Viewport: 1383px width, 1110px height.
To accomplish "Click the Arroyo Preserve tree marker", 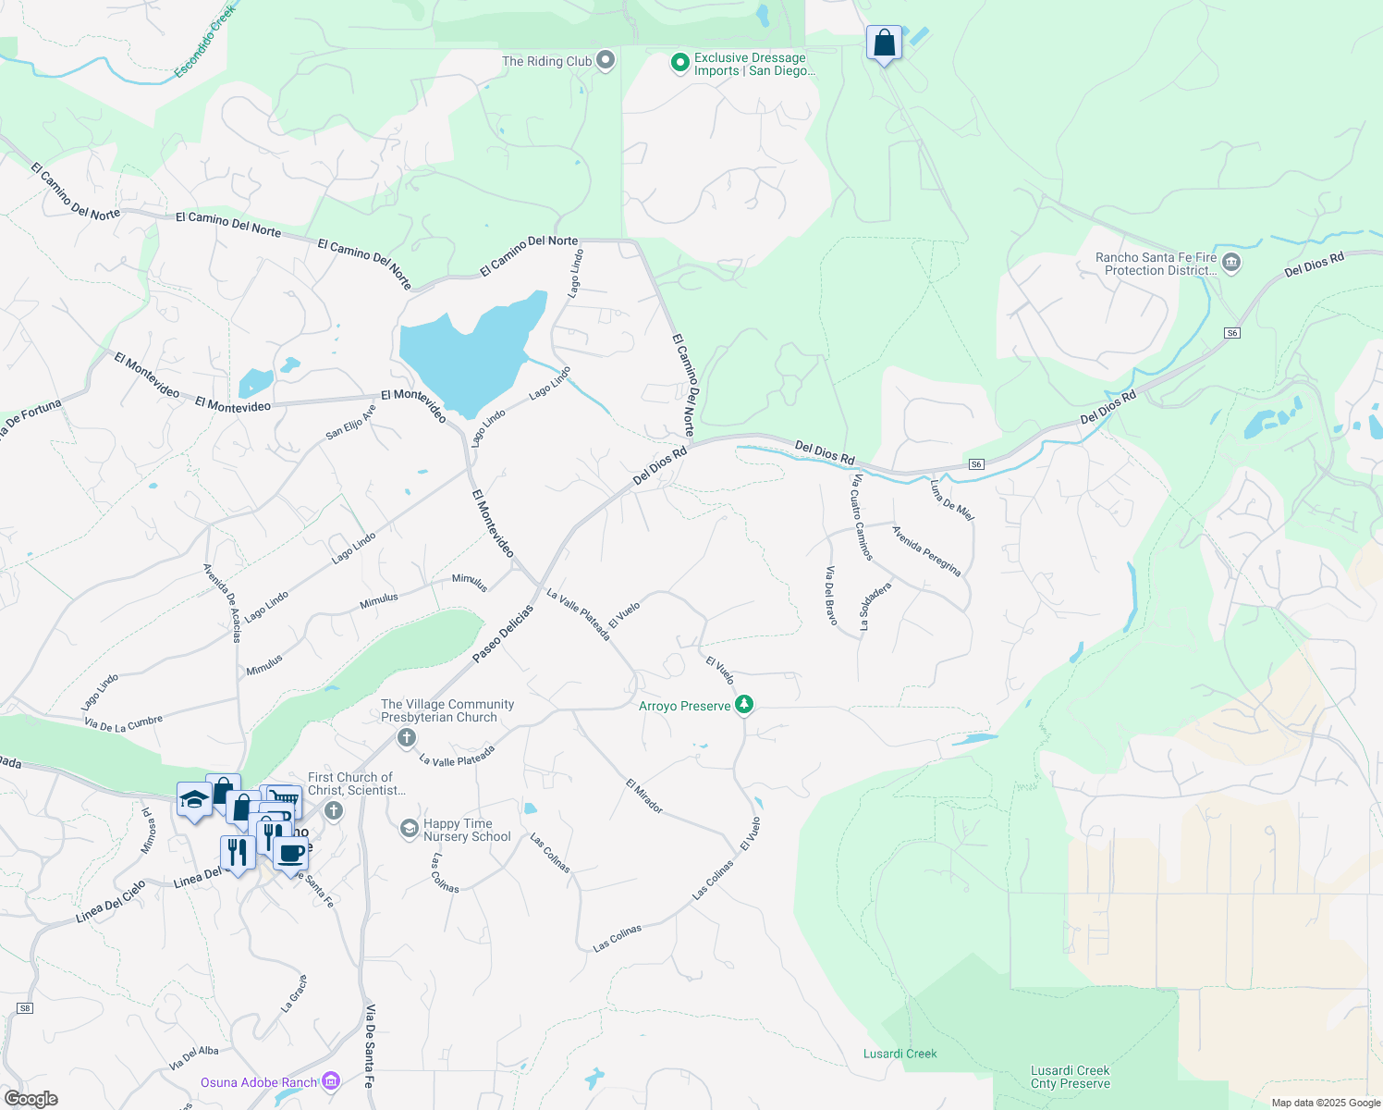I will coord(744,706).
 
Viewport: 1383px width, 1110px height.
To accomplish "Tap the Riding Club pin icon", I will coord(606,61).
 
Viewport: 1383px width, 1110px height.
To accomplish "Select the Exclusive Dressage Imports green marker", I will coord(680,63).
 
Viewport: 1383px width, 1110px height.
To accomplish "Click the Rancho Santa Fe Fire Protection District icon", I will coord(1230,264).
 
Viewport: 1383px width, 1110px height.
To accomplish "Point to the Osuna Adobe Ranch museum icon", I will coord(332,1081).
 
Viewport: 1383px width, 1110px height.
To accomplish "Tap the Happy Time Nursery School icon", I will coord(410,828).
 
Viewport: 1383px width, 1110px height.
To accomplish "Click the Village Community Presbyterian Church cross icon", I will coord(406,737).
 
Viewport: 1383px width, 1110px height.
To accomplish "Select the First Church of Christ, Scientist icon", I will coord(334,811).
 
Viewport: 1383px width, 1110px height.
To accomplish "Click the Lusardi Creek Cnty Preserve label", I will coord(1070,1077).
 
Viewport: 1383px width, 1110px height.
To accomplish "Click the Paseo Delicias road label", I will coord(503,634).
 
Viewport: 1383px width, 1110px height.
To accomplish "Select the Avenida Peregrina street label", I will coord(926,551).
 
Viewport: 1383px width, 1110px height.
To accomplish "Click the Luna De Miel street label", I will coord(952,500).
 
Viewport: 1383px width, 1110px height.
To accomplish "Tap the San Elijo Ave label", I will coord(351,422).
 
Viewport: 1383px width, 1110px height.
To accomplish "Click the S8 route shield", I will coord(25,1007).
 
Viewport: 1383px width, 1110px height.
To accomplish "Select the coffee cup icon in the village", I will coord(290,853).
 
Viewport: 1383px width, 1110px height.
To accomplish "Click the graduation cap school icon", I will coord(194,799).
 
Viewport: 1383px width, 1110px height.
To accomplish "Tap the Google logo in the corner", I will coord(31,1098).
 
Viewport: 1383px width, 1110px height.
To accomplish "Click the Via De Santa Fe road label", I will coord(370,1044).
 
